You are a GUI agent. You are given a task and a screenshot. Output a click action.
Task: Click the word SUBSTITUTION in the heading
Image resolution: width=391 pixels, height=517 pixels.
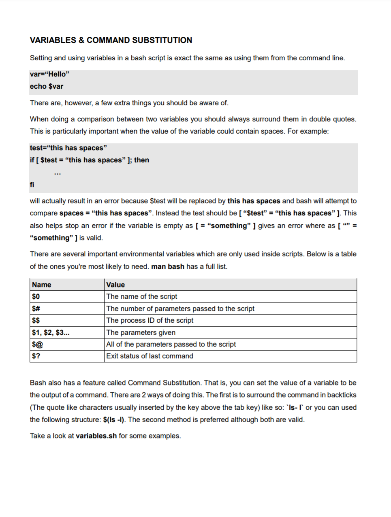coord(162,40)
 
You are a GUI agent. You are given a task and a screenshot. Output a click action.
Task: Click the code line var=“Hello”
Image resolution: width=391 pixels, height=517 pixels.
coord(49,74)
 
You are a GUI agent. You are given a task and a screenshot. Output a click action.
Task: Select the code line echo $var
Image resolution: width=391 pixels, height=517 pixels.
coord(47,86)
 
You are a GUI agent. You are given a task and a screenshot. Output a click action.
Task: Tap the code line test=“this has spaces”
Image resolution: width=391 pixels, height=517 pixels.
coord(68,148)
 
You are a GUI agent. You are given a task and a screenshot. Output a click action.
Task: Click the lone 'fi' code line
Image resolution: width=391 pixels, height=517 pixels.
coord(32,185)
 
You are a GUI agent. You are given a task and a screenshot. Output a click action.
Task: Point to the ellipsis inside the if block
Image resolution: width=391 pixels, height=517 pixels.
coord(58,173)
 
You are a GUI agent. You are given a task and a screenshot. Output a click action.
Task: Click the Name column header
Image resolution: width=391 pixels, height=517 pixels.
coord(42,285)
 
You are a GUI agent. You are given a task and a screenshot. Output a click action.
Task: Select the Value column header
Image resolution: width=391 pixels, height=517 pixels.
coord(115,285)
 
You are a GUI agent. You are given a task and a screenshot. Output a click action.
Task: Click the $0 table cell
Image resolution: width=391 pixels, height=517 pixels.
coord(36,296)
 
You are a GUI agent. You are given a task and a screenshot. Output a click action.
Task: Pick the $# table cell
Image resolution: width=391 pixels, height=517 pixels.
coord(36,308)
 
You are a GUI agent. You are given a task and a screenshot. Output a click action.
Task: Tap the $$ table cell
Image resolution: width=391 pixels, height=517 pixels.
coord(36,320)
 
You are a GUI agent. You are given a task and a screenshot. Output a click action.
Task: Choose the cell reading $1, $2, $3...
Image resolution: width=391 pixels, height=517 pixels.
coord(51,332)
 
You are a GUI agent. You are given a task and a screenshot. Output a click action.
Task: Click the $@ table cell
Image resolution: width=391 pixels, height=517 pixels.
coord(37,344)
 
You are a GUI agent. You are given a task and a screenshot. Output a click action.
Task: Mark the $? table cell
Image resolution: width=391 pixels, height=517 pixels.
coord(36,356)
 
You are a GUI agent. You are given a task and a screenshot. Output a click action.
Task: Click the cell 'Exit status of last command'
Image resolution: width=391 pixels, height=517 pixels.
coord(150,356)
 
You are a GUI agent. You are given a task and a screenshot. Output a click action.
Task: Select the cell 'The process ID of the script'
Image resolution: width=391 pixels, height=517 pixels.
coord(150,320)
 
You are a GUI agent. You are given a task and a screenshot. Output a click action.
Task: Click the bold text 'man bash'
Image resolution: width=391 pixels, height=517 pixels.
coord(168,266)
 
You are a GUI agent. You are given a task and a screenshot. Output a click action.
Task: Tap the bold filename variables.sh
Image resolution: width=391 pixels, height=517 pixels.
coord(96,436)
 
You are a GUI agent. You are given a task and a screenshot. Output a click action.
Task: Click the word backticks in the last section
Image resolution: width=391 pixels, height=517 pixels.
coord(342,395)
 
